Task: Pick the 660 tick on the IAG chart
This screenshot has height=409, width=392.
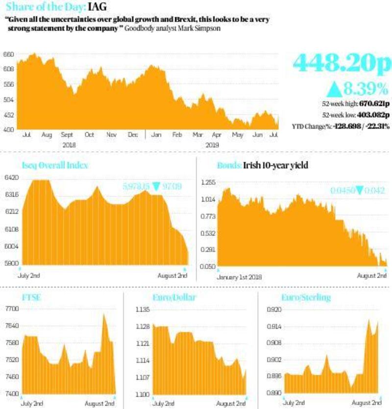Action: pos(8,55)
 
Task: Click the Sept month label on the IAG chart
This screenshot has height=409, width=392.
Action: pos(67,134)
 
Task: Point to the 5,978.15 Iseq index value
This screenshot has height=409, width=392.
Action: pos(135,186)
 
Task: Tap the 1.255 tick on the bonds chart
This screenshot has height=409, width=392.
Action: pos(208,182)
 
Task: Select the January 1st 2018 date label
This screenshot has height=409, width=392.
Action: pos(239,277)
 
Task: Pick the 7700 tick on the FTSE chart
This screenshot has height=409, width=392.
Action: pos(10,309)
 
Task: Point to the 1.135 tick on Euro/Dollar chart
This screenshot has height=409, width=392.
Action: pos(143,310)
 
